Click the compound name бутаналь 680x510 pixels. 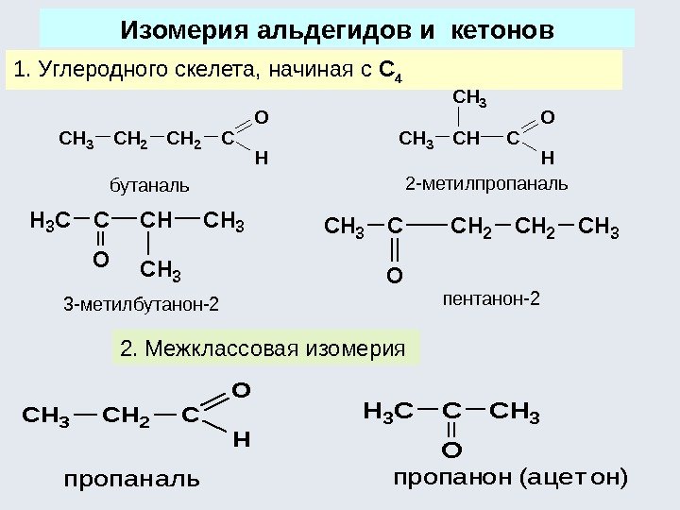point(150,181)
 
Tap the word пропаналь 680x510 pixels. point(132,479)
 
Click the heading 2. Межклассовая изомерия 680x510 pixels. point(263,348)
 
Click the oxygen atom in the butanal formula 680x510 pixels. point(262,119)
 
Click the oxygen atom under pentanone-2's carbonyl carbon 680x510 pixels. point(395,276)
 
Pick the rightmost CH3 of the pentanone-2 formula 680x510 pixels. point(597,229)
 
